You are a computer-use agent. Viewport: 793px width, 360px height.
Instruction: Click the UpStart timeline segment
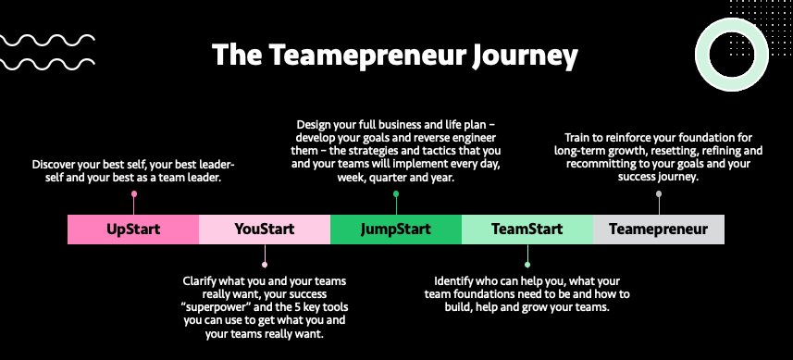[133, 229]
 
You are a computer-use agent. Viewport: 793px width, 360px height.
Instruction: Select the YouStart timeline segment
[265, 229]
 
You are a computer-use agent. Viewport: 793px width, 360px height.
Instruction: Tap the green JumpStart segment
[395, 229]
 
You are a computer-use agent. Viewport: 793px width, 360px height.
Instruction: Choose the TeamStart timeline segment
[527, 229]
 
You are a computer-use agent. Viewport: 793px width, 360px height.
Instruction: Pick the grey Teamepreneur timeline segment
[658, 229]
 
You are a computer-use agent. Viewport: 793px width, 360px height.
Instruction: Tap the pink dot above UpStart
[134, 194]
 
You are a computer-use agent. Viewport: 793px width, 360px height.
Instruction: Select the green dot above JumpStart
[396, 194]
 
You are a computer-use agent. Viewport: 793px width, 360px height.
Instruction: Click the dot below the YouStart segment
[265, 264]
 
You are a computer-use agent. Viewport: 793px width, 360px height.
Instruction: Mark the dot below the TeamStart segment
[527, 264]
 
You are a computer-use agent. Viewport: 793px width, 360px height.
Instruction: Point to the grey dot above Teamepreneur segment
[659, 194]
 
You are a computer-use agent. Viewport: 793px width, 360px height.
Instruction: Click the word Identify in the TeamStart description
[457, 281]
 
